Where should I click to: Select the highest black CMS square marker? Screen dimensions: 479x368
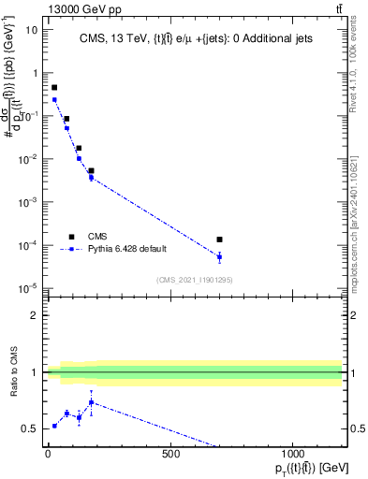54,87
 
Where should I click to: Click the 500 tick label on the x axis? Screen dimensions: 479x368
170,455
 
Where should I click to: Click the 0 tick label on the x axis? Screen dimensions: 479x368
48,455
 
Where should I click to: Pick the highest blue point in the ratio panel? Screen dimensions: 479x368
91,402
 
